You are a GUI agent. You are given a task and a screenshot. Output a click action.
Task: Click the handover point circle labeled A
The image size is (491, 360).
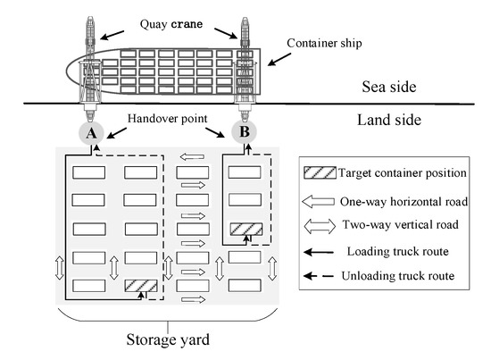tap(92, 134)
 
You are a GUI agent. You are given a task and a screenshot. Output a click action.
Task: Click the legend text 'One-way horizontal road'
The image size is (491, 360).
tap(405, 201)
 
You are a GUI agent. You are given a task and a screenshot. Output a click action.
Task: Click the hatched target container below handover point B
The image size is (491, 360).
tap(246, 229)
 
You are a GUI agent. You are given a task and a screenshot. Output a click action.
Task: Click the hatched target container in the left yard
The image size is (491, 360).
tap(140, 288)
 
